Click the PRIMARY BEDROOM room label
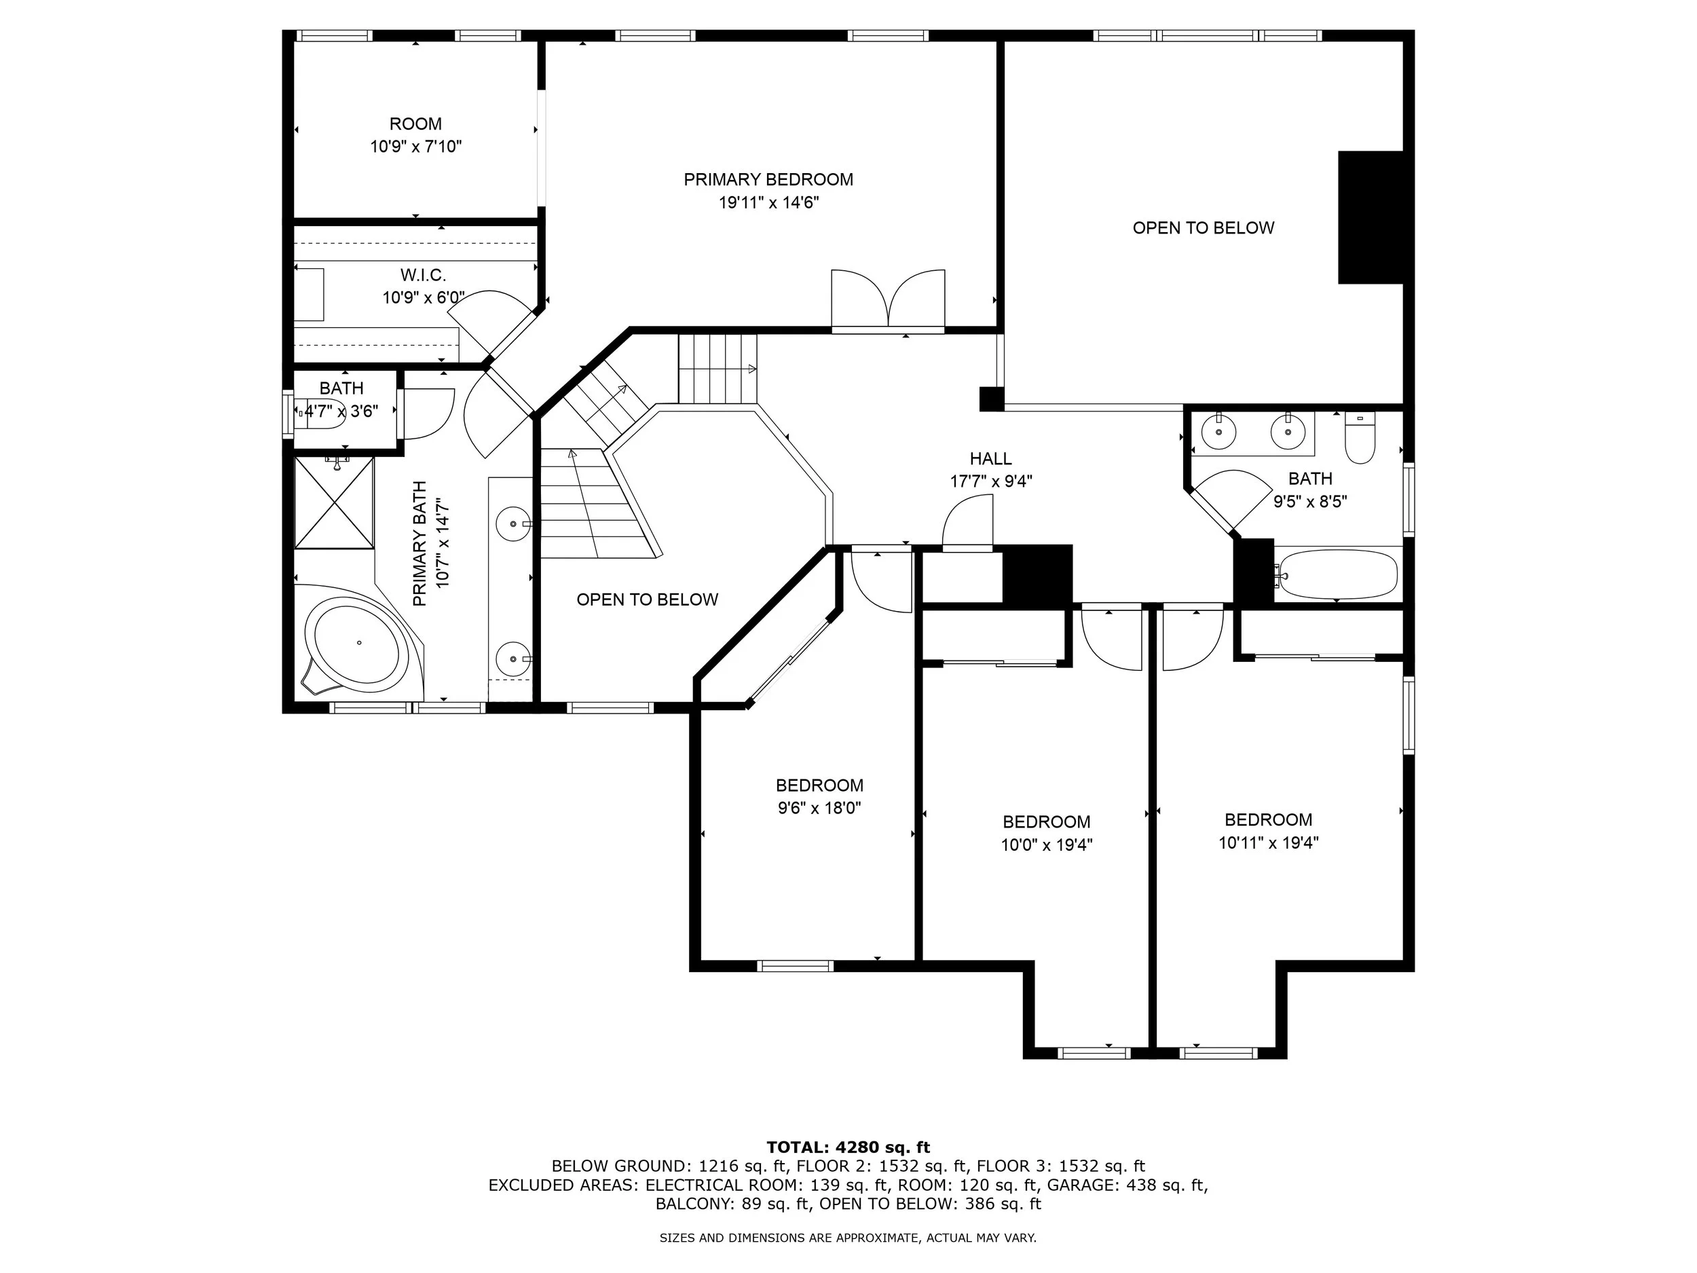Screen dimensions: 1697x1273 tap(768, 179)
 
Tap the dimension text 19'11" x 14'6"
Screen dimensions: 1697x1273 tap(768, 202)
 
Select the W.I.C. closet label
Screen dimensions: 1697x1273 tap(423, 275)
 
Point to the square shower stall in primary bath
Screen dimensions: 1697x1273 tap(335, 503)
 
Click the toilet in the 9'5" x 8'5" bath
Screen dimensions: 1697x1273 tap(1360, 437)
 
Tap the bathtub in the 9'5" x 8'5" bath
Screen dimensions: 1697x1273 tap(1337, 573)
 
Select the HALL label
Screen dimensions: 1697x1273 tap(990, 459)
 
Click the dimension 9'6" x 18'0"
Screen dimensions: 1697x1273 tap(819, 808)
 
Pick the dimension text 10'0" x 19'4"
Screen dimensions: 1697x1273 tap(1047, 845)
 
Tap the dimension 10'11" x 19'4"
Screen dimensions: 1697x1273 tap(1268, 843)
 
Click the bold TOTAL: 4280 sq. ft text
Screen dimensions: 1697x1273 tap(848, 1147)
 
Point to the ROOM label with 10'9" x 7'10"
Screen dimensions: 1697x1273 tap(416, 124)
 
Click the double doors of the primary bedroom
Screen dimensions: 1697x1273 tap(889, 300)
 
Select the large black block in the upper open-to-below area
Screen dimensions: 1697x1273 tap(1371, 217)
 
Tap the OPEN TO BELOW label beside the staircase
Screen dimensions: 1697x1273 tap(648, 599)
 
